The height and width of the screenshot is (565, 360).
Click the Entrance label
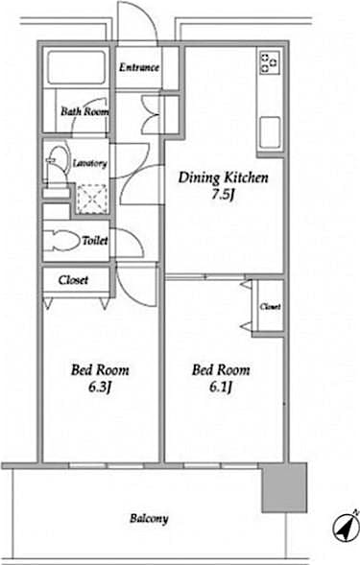[x=139, y=68]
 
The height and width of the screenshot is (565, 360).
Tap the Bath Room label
[x=85, y=111]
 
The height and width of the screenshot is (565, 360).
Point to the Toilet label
[x=95, y=242]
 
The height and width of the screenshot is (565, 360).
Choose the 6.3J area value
[x=99, y=388]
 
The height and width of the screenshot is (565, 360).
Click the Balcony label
[x=149, y=519]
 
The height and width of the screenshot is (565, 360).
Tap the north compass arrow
[x=342, y=527]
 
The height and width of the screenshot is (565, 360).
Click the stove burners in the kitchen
[x=267, y=62]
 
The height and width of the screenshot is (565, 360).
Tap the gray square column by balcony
[x=284, y=487]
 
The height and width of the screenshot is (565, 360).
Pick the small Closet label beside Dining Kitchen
[x=270, y=307]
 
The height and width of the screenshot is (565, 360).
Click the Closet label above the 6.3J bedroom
[x=74, y=280]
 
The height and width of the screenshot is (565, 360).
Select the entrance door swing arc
[x=134, y=24]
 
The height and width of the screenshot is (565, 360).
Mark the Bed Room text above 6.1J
[x=221, y=369]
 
